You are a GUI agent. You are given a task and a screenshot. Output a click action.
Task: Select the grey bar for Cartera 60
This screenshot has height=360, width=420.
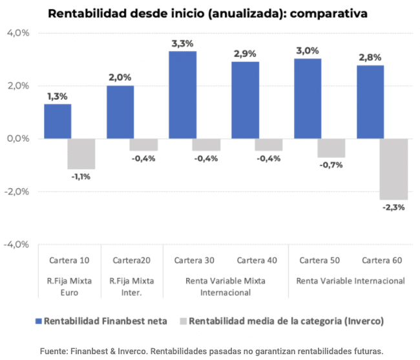(394, 169)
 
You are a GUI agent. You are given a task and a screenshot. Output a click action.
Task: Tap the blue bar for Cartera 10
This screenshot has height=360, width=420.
(58, 121)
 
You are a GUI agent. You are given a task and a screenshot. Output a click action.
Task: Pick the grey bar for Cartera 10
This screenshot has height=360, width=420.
(81, 154)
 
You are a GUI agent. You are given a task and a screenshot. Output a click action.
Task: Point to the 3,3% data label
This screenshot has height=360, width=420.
(182, 43)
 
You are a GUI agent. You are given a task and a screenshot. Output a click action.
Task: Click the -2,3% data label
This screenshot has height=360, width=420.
(394, 207)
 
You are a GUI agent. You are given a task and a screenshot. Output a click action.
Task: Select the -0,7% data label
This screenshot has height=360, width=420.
(331, 165)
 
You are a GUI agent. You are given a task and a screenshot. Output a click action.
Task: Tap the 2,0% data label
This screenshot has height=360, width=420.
(120, 78)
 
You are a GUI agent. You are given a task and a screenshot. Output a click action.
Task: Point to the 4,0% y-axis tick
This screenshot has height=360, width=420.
(17, 33)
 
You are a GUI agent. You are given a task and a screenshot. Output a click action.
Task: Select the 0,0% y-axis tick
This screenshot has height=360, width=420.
(17, 138)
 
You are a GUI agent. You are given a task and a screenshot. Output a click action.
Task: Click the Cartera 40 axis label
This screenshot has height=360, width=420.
(257, 260)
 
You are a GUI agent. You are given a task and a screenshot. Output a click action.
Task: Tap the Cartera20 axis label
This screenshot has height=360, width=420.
(131, 260)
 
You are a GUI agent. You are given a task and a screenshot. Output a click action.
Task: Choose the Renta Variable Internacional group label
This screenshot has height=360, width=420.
(350, 281)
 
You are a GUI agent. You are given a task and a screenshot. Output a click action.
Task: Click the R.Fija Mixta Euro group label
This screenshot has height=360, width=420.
(69, 286)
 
